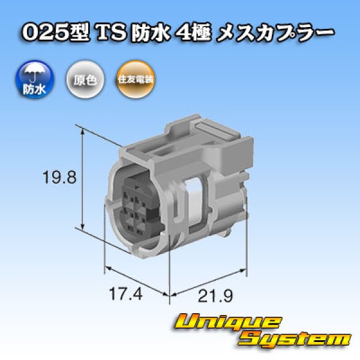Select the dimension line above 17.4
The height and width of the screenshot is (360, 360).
coord(135,279)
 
